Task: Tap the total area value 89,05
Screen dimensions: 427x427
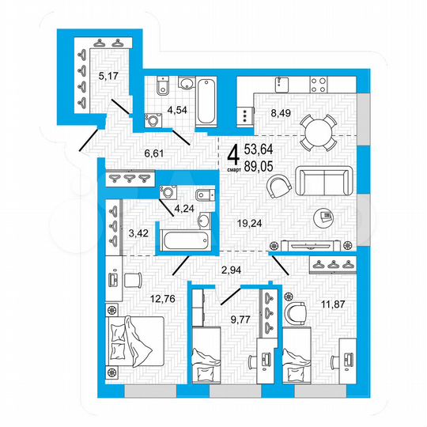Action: (x=261, y=164)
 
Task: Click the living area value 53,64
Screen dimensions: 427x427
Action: (x=261, y=149)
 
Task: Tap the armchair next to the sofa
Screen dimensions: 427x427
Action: (x=278, y=187)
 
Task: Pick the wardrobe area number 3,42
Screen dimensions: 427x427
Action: (x=138, y=233)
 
